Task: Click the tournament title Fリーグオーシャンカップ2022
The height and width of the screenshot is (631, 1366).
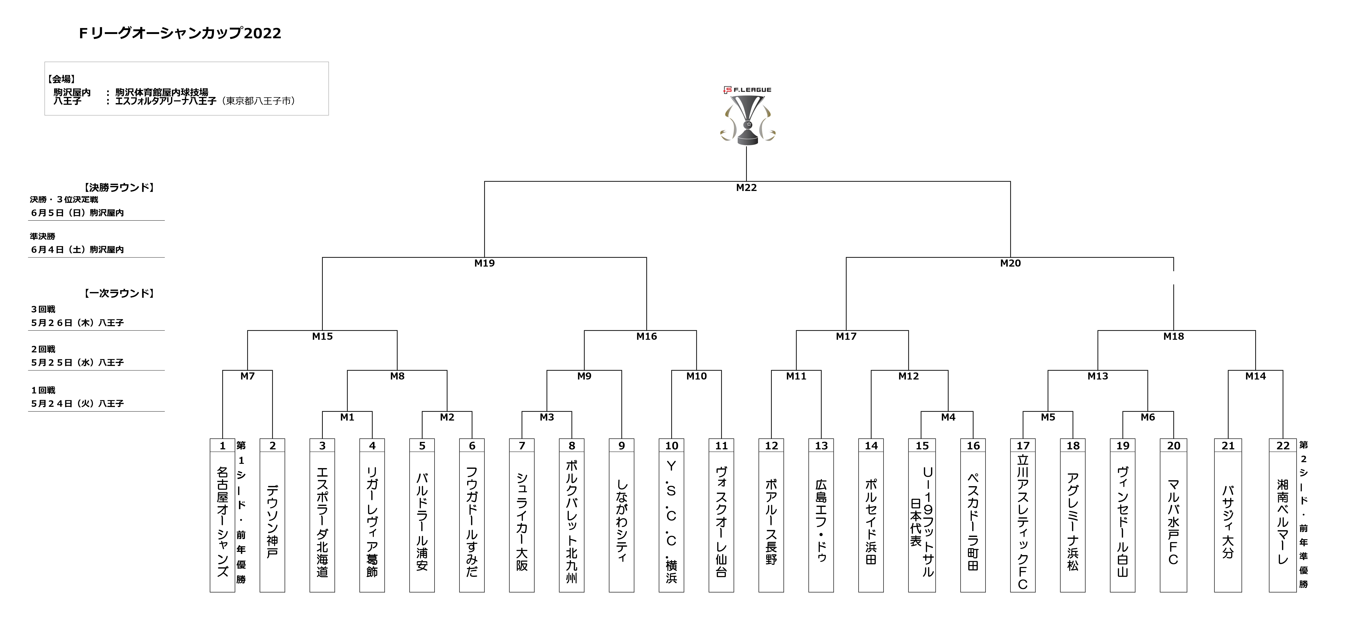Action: click(x=180, y=33)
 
